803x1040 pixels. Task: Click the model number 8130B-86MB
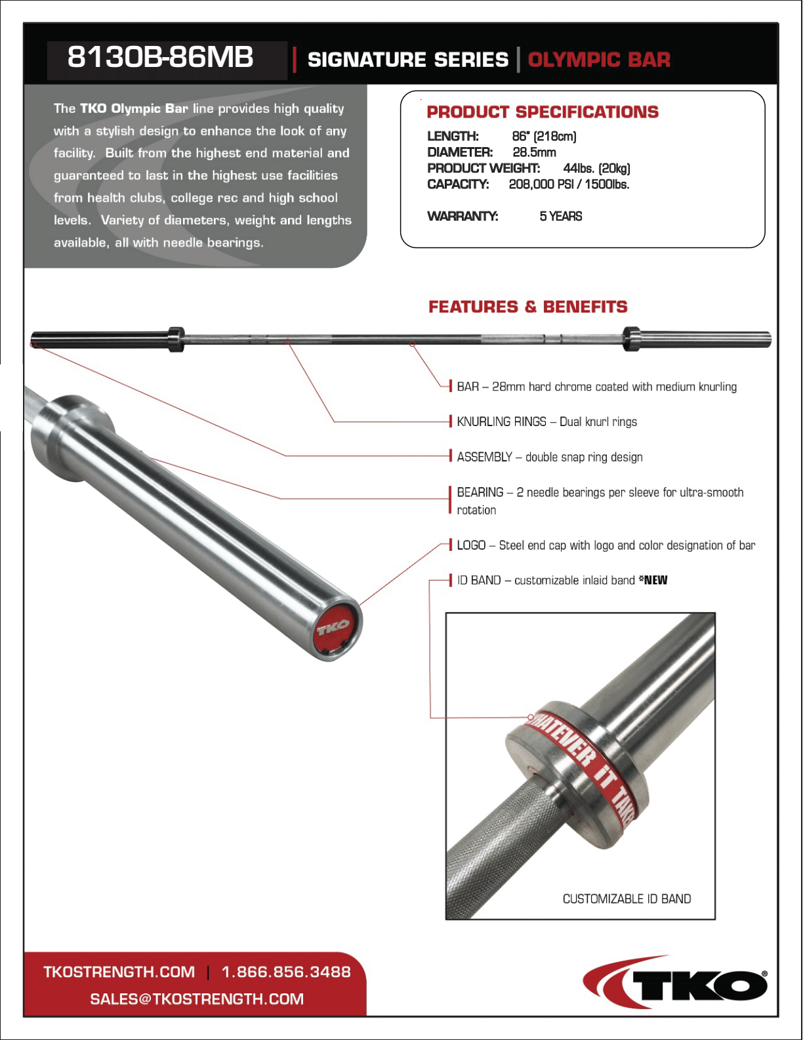click(160, 58)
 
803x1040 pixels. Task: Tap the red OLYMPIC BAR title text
click(599, 60)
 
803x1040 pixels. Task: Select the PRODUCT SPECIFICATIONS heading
click(543, 112)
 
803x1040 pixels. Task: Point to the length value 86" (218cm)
click(544, 137)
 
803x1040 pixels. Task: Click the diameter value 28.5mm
click(534, 152)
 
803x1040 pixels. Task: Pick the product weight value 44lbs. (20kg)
click(596, 168)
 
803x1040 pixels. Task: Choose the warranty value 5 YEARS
click(561, 216)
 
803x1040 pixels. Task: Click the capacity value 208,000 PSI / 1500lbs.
click(569, 184)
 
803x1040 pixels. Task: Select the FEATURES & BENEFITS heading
click(528, 307)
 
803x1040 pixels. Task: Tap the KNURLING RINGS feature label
click(501, 422)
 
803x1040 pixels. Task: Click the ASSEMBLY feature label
click(485, 457)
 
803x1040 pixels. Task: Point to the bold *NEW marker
click(653, 580)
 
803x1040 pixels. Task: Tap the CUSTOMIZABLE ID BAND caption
click(627, 899)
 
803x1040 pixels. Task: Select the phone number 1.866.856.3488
click(286, 972)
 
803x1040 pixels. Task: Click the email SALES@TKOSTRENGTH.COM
click(197, 999)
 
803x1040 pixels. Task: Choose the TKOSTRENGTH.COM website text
click(119, 972)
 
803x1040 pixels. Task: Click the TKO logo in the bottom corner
click(676, 983)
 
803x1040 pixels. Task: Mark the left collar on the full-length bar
click(176, 339)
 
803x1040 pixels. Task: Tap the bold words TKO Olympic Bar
click(134, 108)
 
